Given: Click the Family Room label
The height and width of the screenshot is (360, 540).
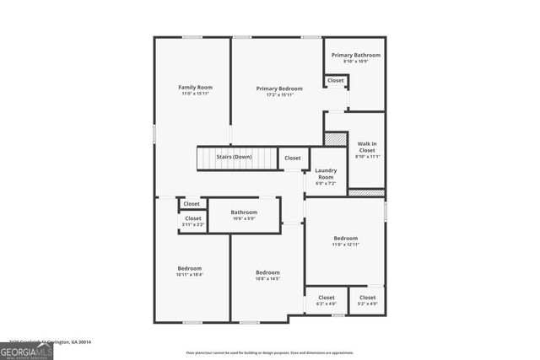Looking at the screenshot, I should [x=195, y=88].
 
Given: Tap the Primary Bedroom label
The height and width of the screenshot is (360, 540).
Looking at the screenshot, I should [x=279, y=88].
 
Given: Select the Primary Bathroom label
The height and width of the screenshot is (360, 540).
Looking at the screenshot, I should [x=355, y=55].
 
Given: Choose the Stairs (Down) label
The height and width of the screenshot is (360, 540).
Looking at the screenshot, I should [x=234, y=157].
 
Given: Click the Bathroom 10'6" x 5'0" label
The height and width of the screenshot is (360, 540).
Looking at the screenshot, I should [x=244, y=212].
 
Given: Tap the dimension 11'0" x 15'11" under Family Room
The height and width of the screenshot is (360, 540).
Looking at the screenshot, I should [x=195, y=94].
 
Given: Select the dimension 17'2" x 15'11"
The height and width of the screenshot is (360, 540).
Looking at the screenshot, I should [x=279, y=94].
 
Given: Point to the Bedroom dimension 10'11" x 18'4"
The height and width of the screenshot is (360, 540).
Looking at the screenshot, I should [x=190, y=274].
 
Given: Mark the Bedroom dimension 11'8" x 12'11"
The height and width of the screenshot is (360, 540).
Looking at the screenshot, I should [x=344, y=244].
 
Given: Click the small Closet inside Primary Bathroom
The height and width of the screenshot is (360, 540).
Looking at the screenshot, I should [x=336, y=80].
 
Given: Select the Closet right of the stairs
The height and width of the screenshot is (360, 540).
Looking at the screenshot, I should [x=292, y=158].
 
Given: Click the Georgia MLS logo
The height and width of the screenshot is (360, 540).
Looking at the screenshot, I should [x=26, y=350].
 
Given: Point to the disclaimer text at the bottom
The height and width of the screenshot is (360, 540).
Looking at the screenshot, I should [x=281, y=352].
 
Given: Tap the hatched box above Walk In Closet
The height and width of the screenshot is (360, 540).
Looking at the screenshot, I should [x=336, y=139].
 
